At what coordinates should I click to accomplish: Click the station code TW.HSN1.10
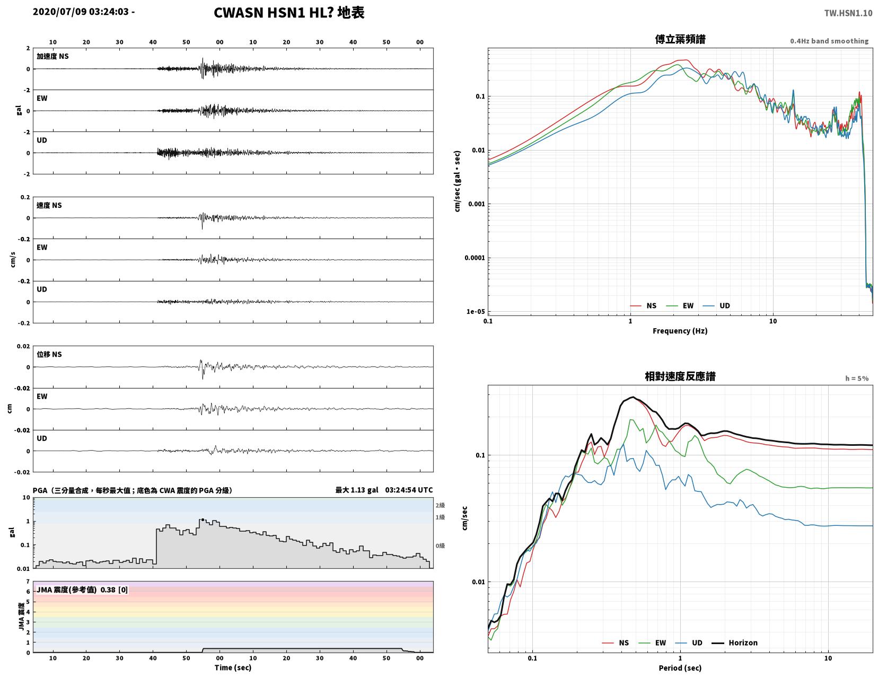pos(848,13)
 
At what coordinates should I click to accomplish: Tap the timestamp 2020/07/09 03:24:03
pos(81,11)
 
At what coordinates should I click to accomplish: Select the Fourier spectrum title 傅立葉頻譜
pos(680,39)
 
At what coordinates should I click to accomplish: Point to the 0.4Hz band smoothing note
pos(829,41)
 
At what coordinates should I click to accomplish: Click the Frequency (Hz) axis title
pos(680,331)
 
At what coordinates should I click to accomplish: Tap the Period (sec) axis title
pos(680,667)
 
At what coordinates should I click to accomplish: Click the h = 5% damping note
pos(857,378)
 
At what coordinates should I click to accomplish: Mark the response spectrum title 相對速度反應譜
pos(680,376)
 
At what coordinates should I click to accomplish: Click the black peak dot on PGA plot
pos(203,519)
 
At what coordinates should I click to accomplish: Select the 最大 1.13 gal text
pos(357,490)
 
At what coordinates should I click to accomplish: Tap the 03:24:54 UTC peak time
pos(409,490)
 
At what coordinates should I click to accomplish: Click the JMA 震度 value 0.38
pos(108,589)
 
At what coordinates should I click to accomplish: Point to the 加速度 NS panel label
pos(52,56)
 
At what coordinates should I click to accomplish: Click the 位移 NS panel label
pos(49,354)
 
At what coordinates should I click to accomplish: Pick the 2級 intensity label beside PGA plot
pos(440,505)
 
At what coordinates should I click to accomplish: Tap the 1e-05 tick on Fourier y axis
pos(476,311)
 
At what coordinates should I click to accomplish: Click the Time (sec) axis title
pos(233,667)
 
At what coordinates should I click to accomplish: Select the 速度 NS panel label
pos(49,205)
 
